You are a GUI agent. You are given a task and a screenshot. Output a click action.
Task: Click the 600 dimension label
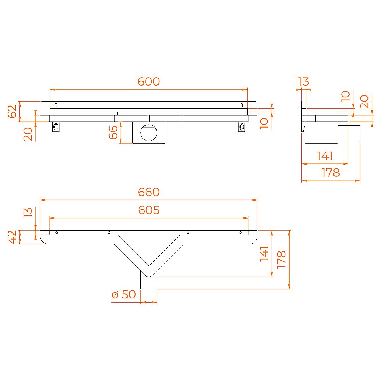coord(149,81)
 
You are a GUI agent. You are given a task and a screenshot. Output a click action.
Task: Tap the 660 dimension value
coord(149,192)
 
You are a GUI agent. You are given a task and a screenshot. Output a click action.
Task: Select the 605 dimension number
coord(149,210)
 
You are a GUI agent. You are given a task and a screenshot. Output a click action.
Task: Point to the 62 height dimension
coord(12,111)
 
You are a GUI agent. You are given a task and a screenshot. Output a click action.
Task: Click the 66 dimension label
coord(113,132)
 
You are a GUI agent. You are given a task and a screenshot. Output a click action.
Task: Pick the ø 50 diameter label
coord(123,294)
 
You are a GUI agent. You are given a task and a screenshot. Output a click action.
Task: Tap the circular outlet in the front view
coord(149,133)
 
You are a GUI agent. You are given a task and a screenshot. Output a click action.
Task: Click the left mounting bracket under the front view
coord(56,127)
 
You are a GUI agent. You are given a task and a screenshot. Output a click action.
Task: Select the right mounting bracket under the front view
coord(241,127)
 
